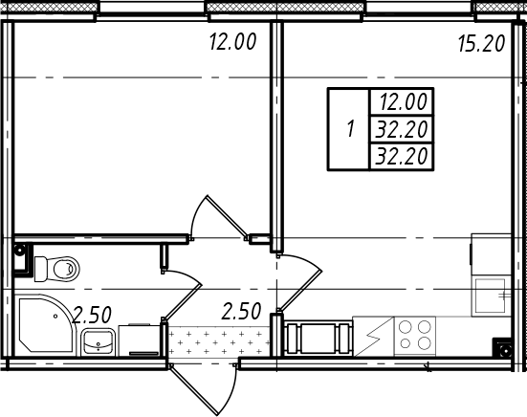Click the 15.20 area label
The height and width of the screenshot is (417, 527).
click(482, 44)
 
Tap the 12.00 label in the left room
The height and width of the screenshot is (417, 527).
click(233, 42)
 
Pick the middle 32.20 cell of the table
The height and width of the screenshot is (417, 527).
click(402, 129)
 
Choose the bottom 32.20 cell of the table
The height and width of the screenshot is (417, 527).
click(402, 156)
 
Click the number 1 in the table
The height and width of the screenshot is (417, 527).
click(351, 129)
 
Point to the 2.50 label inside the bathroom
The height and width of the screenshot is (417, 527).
click(92, 315)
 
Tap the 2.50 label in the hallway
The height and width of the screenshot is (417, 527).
click(241, 311)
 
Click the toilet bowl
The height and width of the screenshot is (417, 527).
click(57, 269)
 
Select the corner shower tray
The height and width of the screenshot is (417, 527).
click(45, 325)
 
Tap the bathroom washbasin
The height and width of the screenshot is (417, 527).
click(98, 341)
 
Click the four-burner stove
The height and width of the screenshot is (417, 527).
click(415, 336)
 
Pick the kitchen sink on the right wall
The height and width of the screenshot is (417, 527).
click(491, 296)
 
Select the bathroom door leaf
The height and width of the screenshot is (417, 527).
click(182, 301)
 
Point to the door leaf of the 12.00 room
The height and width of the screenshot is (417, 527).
click(227, 217)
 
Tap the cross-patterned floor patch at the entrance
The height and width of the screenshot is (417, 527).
click(219, 342)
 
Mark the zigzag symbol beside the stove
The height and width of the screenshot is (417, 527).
click(373, 336)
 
